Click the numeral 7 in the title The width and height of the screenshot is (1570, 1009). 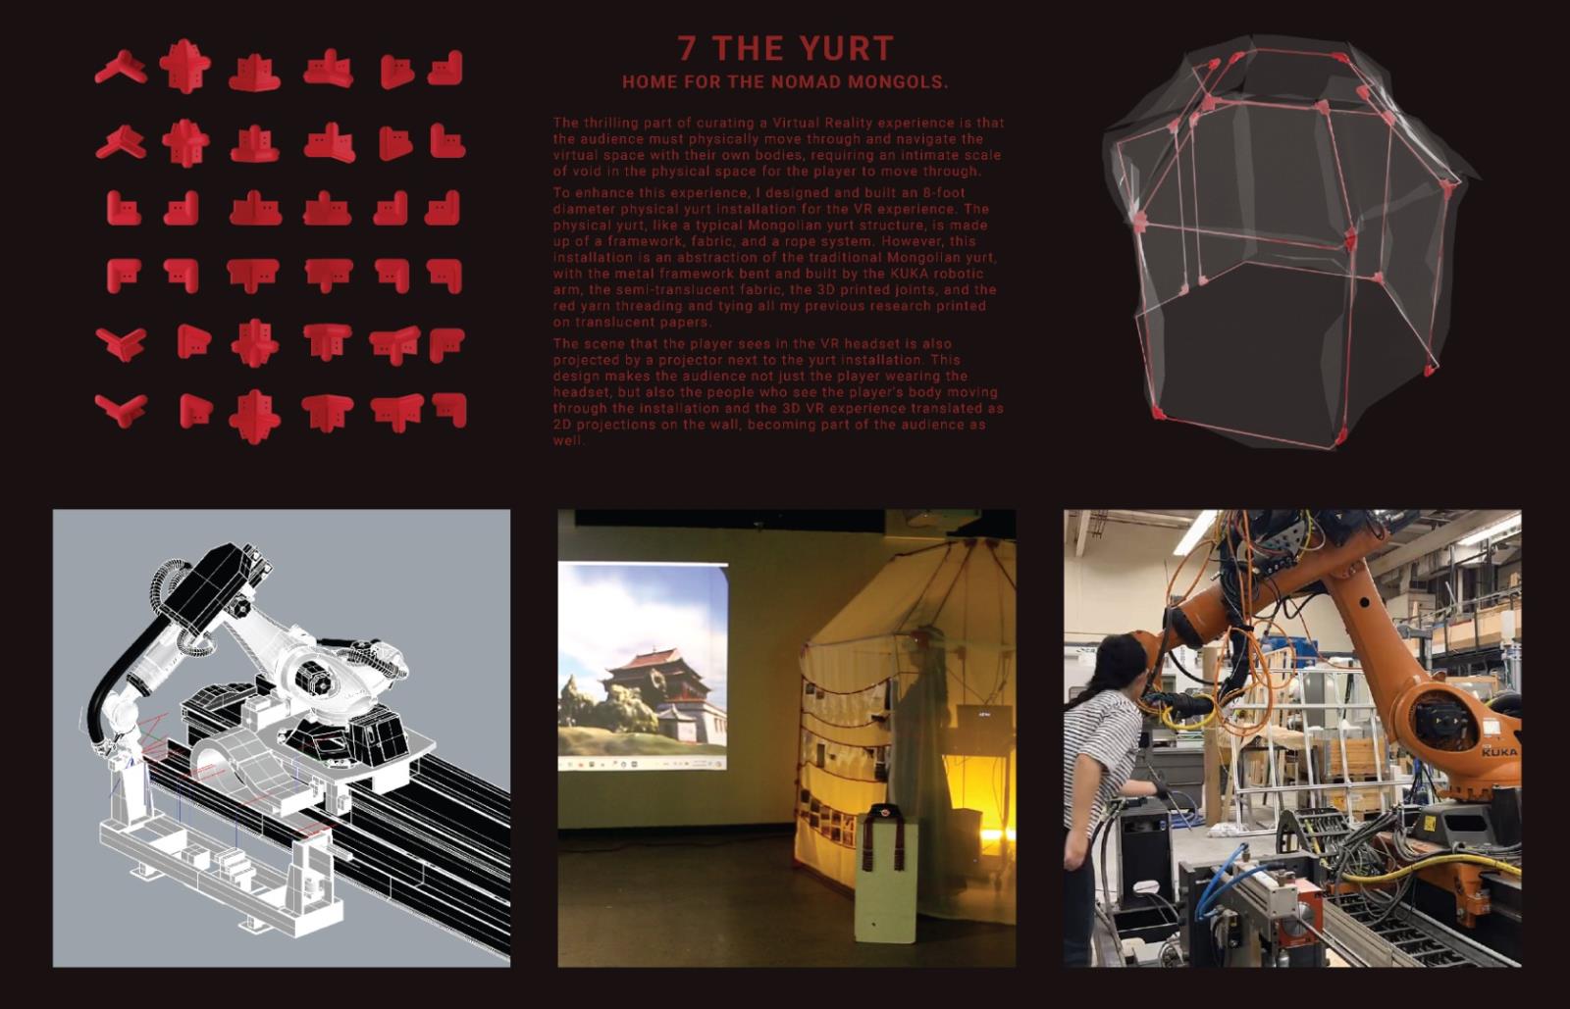pos(688,49)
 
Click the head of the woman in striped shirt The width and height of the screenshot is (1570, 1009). pos(1120,670)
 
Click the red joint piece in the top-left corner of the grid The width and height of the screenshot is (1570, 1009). pos(121,68)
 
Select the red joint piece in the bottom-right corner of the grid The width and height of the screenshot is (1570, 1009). pos(449,409)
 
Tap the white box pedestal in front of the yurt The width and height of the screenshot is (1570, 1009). pos(886,876)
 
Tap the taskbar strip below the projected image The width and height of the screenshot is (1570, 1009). pos(642,763)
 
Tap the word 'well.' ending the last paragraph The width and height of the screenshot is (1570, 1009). pos(568,440)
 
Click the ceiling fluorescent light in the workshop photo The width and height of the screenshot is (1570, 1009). pos(1196,532)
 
